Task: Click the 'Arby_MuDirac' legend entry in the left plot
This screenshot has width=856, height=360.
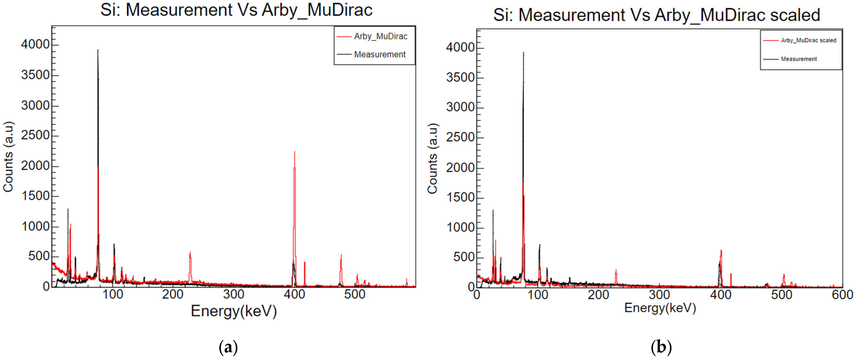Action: click(x=380, y=36)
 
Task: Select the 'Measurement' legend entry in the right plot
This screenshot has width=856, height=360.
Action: click(x=798, y=59)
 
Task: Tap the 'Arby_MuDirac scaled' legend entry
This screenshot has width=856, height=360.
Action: click(x=808, y=40)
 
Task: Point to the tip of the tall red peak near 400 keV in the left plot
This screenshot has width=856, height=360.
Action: click(x=294, y=152)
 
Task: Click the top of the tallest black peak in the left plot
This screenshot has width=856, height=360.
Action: click(x=98, y=50)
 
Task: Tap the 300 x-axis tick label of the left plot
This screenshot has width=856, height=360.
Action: click(x=234, y=294)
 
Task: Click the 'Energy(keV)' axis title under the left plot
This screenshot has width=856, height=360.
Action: click(x=234, y=311)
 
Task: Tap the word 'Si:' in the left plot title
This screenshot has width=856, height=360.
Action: click(x=111, y=10)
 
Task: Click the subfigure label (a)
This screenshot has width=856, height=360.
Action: click(x=229, y=347)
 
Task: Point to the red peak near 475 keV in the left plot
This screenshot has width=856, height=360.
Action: click(x=341, y=256)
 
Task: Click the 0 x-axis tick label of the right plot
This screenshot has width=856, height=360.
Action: click(x=477, y=295)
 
